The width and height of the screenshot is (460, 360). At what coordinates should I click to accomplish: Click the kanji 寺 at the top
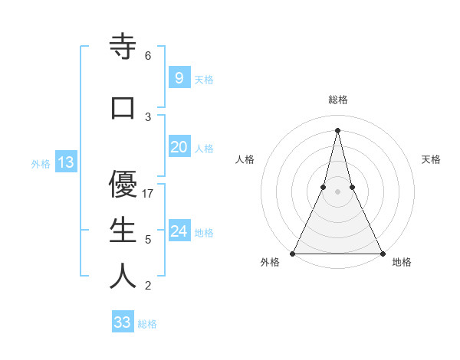click(x=123, y=47)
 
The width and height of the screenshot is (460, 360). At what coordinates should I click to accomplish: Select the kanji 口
click(x=123, y=108)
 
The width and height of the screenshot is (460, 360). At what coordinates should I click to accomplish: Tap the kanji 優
click(x=123, y=185)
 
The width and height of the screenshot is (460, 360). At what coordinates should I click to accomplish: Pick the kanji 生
click(x=123, y=231)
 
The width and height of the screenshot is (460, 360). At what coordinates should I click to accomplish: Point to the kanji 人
click(x=123, y=277)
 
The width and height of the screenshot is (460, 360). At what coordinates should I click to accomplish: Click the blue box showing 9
click(x=179, y=77)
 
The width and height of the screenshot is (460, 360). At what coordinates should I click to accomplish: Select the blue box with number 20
click(x=179, y=147)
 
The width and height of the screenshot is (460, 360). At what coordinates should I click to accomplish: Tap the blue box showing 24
click(x=179, y=231)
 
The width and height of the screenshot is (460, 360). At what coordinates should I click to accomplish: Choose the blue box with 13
click(x=65, y=162)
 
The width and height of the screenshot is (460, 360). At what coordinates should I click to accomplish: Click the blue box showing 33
click(x=123, y=322)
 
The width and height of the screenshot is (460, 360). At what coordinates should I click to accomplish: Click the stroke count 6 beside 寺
click(x=148, y=56)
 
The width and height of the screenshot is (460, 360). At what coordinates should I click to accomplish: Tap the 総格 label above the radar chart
click(x=338, y=100)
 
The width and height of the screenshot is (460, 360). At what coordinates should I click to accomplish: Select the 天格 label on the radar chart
click(x=432, y=159)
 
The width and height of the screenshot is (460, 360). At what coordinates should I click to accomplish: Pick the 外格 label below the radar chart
click(x=270, y=262)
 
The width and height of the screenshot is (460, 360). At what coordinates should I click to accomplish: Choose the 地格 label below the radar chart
click(x=402, y=262)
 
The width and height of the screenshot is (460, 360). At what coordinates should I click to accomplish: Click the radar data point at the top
click(x=338, y=130)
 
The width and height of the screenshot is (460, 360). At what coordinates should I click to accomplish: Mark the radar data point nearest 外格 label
click(x=294, y=253)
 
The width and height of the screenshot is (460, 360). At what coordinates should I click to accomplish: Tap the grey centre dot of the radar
click(x=338, y=191)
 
